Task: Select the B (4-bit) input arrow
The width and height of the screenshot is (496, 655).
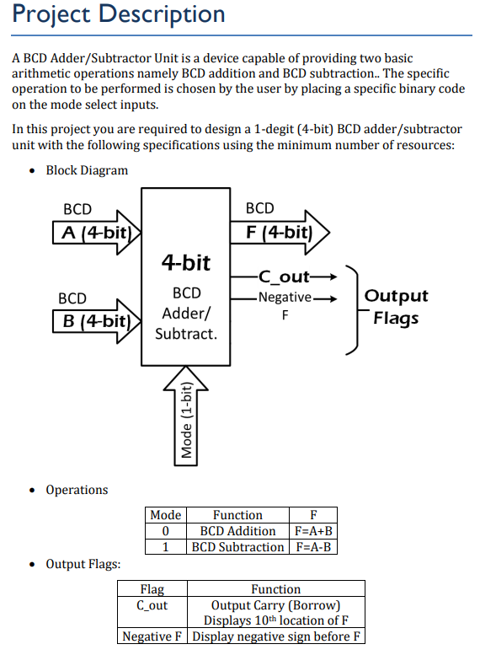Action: coord(95,321)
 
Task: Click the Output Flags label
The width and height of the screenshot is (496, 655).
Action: coord(396,307)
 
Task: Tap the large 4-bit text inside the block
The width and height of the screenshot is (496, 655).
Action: coord(185,263)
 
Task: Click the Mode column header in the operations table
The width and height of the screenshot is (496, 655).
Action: coord(165,515)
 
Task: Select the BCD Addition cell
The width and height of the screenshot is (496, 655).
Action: coord(237,531)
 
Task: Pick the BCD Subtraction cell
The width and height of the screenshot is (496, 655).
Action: coord(237,547)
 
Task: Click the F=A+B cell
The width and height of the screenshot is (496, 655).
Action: coord(313,531)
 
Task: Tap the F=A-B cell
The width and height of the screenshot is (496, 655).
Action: coord(313,547)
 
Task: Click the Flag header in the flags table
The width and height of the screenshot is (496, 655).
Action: coord(152,589)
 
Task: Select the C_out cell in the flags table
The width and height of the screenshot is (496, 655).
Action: coord(152,605)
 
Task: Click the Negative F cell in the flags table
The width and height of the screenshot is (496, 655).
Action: coord(152,636)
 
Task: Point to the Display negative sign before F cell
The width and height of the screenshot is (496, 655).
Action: coord(276,636)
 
